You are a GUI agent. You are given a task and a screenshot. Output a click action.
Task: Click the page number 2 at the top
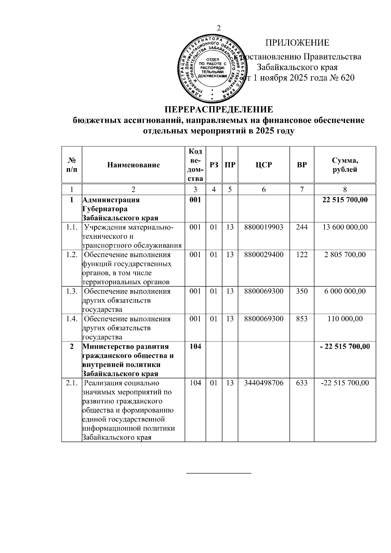(219, 28)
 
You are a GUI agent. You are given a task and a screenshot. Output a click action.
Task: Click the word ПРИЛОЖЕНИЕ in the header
(297, 43)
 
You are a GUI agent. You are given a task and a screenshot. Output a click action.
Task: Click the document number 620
(347, 78)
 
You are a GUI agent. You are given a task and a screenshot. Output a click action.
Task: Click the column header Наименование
(134, 165)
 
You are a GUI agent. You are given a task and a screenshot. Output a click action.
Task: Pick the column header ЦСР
(264, 165)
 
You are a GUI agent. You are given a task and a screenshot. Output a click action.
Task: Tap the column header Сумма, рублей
(345, 165)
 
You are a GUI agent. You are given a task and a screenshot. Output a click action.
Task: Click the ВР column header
(302, 165)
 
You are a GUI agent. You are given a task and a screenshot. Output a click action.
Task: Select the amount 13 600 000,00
(345, 227)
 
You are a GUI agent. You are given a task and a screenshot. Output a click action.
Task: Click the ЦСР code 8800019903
(264, 227)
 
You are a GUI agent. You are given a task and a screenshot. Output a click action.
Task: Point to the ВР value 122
(302, 255)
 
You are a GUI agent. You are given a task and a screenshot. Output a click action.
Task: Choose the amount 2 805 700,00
(345, 255)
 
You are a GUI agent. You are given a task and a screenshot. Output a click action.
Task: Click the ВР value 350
(302, 291)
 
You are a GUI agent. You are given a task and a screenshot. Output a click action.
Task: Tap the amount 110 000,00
(345, 319)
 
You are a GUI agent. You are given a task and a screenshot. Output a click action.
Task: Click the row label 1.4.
(72, 319)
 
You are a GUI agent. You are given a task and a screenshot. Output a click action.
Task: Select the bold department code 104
(195, 346)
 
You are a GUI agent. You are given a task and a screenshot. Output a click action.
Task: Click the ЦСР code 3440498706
(264, 383)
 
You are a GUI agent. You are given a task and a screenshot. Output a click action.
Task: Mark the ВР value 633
(302, 383)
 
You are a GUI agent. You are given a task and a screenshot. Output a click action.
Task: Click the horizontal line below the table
(219, 473)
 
